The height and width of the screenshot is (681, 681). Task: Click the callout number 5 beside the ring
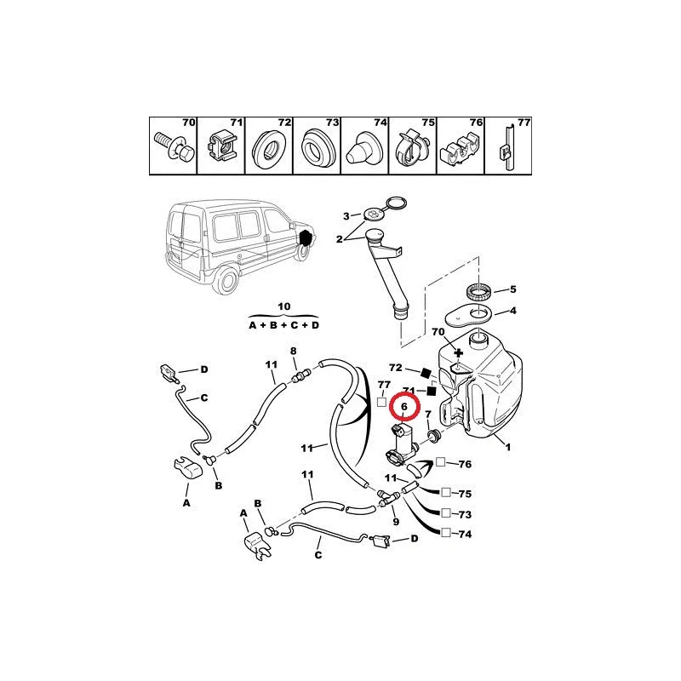512,289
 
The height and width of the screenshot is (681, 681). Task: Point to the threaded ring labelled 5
479,290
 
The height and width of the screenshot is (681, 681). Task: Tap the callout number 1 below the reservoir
507,446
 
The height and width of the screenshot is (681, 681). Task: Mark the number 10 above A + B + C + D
283,306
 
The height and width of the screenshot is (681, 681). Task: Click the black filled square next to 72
425,372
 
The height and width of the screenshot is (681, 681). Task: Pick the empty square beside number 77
381,402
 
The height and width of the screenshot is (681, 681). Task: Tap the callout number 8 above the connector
294,351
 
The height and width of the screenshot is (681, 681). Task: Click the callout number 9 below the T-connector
396,521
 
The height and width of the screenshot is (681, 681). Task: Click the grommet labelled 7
432,435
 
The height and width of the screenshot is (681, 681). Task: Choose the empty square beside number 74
446,533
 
